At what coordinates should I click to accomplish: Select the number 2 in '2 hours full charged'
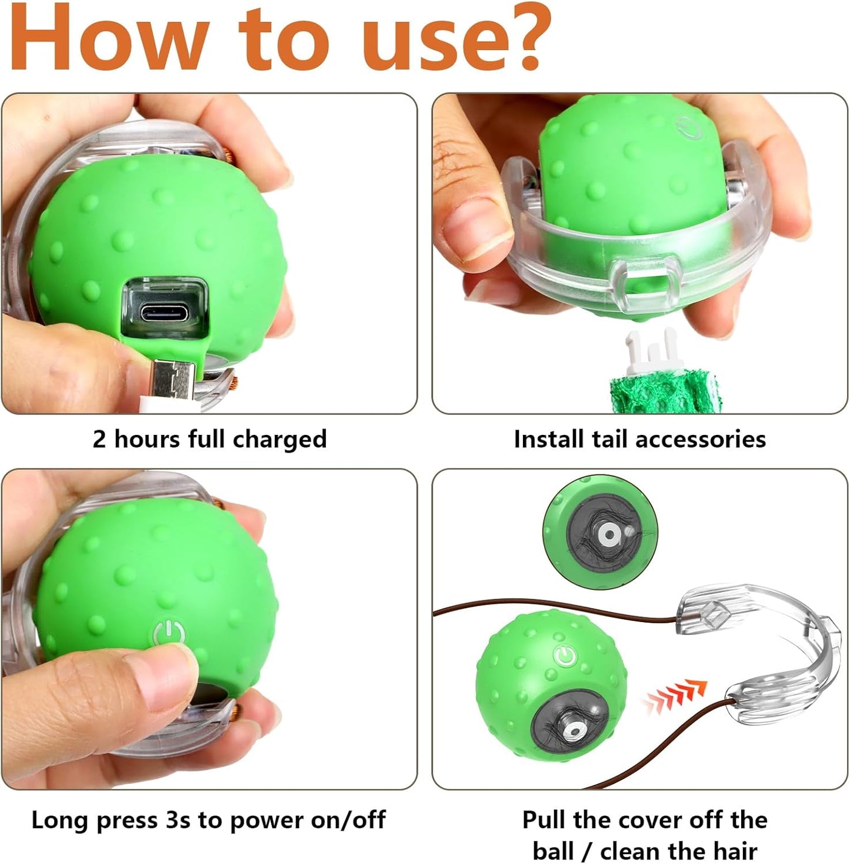[99, 440]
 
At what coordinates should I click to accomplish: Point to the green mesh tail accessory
[663, 391]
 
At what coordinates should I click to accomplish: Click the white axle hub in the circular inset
[609, 535]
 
